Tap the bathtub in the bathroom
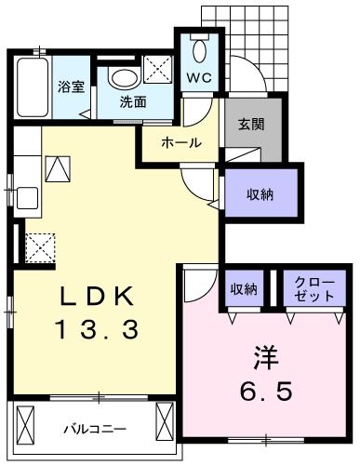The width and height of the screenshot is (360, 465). [32, 86]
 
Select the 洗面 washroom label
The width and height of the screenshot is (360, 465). [132, 102]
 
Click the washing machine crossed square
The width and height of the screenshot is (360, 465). [156, 67]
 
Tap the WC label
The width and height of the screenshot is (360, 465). [200, 78]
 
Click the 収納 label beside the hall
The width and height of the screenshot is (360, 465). [260, 193]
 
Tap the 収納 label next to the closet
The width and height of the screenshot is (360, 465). [245, 286]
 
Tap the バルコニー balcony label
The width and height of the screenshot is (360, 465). [94, 429]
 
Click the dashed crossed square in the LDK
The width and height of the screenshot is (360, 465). [40, 247]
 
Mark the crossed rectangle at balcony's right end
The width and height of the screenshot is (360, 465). [166, 424]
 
